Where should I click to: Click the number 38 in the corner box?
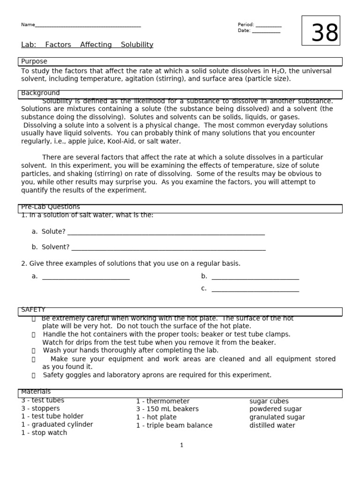325,33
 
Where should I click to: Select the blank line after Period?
269,26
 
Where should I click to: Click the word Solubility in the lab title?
137,45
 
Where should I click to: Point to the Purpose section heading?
34,61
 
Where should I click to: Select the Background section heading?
40,93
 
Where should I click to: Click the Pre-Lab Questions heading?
51,207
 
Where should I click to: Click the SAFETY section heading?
33,310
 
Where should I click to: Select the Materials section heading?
36,392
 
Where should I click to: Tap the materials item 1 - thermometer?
163,401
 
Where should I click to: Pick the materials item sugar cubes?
269,401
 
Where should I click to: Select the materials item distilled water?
272,426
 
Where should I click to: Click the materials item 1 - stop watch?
44,433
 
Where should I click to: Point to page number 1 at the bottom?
182,445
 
